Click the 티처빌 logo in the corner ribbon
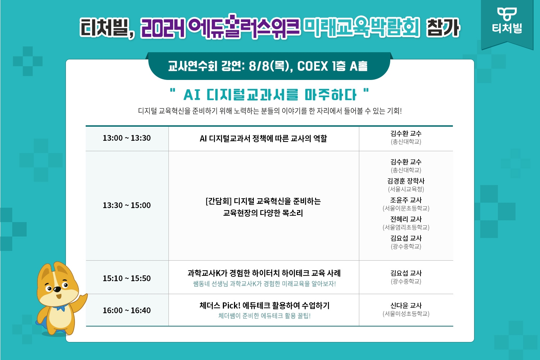(x=507, y=21)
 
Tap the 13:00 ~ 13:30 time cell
(x=127, y=138)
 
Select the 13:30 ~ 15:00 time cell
(x=127, y=206)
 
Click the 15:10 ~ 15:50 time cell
(x=127, y=279)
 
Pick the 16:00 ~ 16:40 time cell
(x=127, y=311)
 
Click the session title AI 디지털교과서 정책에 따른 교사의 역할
(x=264, y=139)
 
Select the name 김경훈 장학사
(x=406, y=181)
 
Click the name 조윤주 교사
(x=406, y=200)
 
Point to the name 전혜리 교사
(x=406, y=219)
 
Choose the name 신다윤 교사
(x=406, y=306)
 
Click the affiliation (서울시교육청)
(x=406, y=189)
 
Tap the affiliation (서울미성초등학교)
(x=406, y=314)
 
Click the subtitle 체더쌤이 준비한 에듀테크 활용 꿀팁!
(x=264, y=316)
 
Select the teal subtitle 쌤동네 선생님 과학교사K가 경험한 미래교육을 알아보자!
(x=264, y=284)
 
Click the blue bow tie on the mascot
(x=60, y=308)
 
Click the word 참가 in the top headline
(x=443, y=28)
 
